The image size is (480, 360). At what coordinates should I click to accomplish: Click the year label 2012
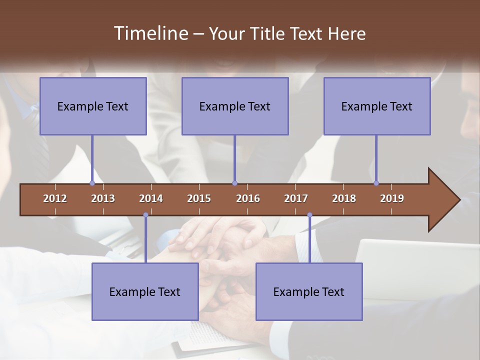click(55, 198)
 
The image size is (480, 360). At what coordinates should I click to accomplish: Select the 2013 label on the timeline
click(103, 198)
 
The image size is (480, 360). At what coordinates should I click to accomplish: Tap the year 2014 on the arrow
click(151, 198)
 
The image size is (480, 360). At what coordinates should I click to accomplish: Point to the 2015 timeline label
click(199, 198)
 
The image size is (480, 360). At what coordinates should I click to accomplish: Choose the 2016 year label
click(248, 198)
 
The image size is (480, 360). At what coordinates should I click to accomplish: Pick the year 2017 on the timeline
click(296, 198)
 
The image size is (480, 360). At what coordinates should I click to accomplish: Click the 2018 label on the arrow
click(344, 198)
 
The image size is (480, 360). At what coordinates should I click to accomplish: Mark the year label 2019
click(392, 198)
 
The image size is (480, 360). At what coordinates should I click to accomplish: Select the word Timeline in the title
click(150, 33)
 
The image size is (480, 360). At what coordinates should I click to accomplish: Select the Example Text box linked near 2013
click(93, 106)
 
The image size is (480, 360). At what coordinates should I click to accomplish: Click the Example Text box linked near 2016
click(235, 106)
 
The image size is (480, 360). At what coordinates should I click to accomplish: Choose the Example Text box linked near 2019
click(377, 106)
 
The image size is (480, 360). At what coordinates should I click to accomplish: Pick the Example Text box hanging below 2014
click(145, 291)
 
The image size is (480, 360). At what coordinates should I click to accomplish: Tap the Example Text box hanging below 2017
click(309, 291)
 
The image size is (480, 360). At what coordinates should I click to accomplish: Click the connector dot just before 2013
click(92, 183)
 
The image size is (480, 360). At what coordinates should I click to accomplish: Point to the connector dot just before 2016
click(234, 183)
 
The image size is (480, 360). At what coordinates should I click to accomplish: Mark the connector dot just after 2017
click(309, 215)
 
